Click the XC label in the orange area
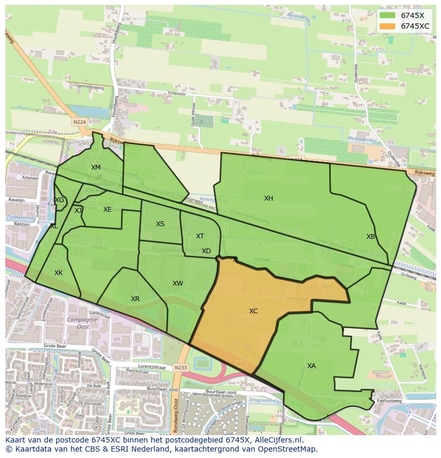pos(254,311)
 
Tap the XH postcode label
pos(268,198)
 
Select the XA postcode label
pos(312,366)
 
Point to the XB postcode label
pos(371,237)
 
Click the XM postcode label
pos(96,168)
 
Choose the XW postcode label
pos(178,284)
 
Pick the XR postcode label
pos(135,299)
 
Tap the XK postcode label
pos(59,273)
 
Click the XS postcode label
pos(160,224)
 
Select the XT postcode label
pos(200,236)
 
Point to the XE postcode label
pos(108,210)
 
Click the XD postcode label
pos(206,251)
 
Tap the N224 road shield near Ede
pos(79,122)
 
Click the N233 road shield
pos(181,367)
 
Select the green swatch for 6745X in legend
pos(387,15)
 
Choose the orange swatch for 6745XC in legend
pos(387,26)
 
